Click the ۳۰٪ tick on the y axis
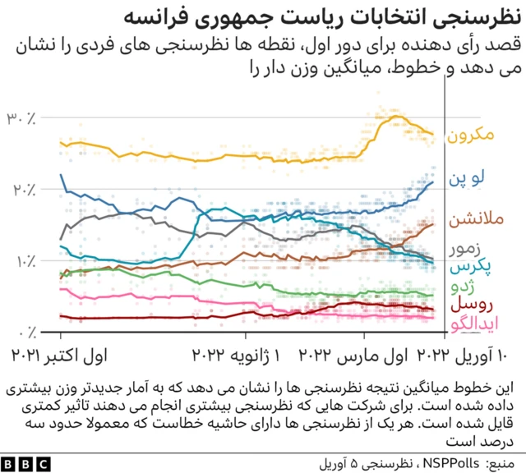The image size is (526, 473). pos(21,119)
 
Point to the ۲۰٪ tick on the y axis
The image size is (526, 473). pos(21,191)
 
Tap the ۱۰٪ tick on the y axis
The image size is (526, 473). pos(21,261)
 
